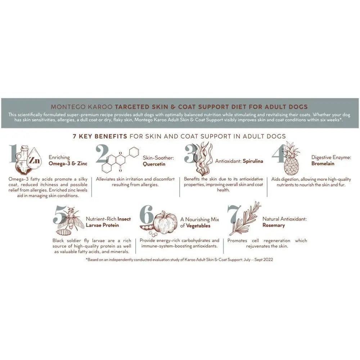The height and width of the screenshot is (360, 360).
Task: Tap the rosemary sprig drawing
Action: click(x=246, y=218)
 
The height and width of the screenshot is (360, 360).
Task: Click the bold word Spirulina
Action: click(x=253, y=161)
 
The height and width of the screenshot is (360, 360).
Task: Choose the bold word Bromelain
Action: click(x=323, y=163)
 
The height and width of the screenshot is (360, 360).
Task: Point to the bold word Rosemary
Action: click(x=274, y=225)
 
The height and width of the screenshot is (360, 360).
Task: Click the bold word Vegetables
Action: click(x=198, y=226)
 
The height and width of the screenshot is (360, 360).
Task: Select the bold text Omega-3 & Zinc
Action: click(x=68, y=163)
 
